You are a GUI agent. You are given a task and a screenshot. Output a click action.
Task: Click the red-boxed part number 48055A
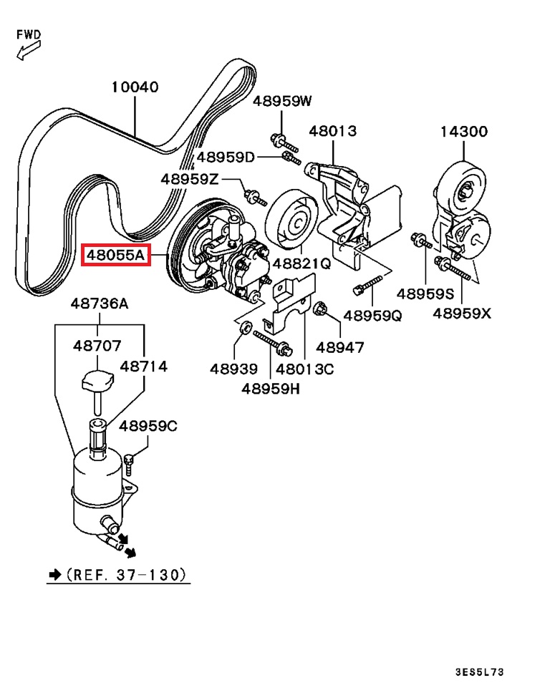pyautogui.click(x=115, y=254)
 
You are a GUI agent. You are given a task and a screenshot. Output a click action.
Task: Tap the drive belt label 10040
pyautogui.click(x=135, y=87)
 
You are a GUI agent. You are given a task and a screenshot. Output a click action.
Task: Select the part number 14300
pyautogui.click(x=463, y=132)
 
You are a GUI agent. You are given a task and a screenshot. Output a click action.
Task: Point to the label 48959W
pyautogui.click(x=282, y=101)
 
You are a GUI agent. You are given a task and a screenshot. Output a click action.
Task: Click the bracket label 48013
pyautogui.click(x=332, y=132)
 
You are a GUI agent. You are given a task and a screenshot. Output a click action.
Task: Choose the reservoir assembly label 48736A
pyautogui.click(x=100, y=304)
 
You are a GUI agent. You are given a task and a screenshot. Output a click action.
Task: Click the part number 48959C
pyautogui.click(x=148, y=426)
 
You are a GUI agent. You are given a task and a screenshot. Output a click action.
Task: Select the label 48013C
pyautogui.click(x=305, y=369)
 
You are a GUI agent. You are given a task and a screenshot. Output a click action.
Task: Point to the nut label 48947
pyautogui.click(x=340, y=348)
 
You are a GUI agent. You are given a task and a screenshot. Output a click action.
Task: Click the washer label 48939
pyautogui.click(x=233, y=369)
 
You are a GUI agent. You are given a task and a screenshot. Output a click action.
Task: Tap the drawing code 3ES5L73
pyautogui.click(x=479, y=672)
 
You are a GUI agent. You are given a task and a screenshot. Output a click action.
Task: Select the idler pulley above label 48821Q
pyautogui.click(x=292, y=218)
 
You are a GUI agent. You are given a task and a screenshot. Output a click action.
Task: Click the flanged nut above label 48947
pyautogui.click(x=321, y=309)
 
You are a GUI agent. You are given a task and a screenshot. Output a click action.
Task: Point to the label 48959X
pyautogui.click(x=462, y=314)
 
